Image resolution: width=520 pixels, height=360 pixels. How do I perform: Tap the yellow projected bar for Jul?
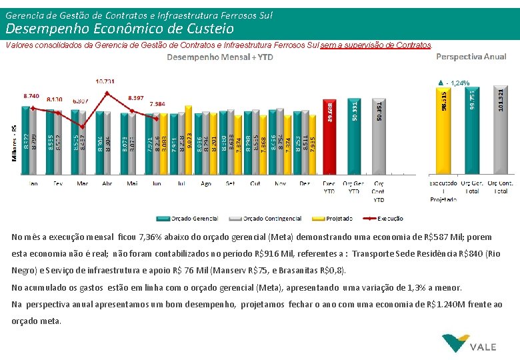tap(189, 140)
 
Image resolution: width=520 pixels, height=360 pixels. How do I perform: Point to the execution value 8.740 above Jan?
tap(31, 96)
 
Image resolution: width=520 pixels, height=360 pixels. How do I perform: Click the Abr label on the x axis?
tap(107, 183)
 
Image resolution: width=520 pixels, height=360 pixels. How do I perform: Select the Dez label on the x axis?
tap(304, 183)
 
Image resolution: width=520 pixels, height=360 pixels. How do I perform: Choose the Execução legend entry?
tap(383, 219)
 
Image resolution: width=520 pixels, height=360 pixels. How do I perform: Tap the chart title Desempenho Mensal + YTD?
tap(219, 57)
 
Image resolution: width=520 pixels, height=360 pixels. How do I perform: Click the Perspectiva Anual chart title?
tap(471, 57)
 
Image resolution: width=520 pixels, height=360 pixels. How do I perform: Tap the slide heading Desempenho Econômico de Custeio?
tap(120, 29)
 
